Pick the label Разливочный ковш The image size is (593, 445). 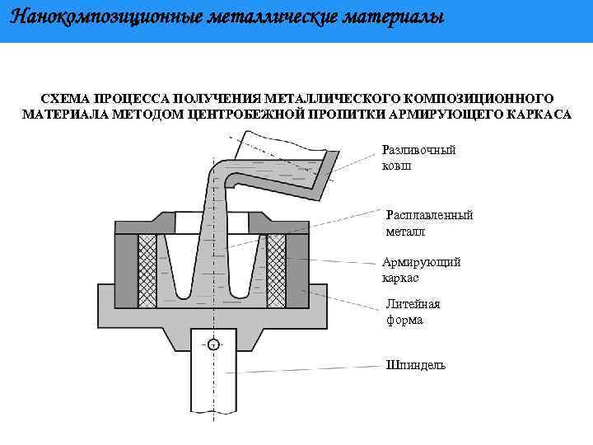(x=418, y=157)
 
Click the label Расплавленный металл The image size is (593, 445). (x=429, y=223)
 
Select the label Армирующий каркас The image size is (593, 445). (x=421, y=270)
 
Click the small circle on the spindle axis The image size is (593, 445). (x=213, y=345)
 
